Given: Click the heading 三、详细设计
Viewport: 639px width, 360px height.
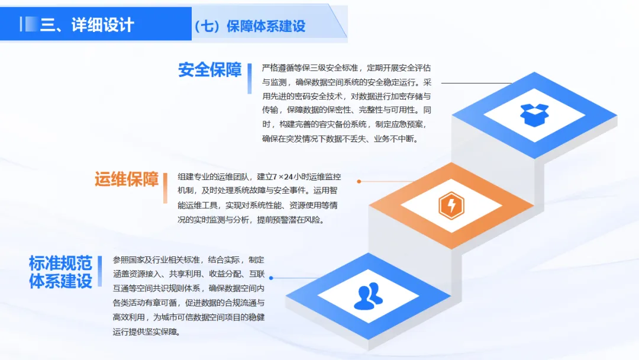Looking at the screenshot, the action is pos(86,25).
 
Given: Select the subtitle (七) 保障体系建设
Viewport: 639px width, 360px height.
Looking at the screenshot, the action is pos(249,26).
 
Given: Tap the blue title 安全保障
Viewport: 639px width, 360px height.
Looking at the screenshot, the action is pos(210,70).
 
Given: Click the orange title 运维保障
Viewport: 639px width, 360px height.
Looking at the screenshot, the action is pos(127,178).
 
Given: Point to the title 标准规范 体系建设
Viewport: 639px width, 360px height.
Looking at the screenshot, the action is pos(60,271).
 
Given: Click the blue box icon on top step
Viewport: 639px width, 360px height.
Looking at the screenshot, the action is pos(534,114).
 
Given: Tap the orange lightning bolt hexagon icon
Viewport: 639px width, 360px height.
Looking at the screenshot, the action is pos(451,205).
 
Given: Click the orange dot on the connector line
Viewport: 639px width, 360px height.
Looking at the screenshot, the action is pos(359,182).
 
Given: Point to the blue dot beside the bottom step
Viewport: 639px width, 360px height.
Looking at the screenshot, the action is pos(272,278).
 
